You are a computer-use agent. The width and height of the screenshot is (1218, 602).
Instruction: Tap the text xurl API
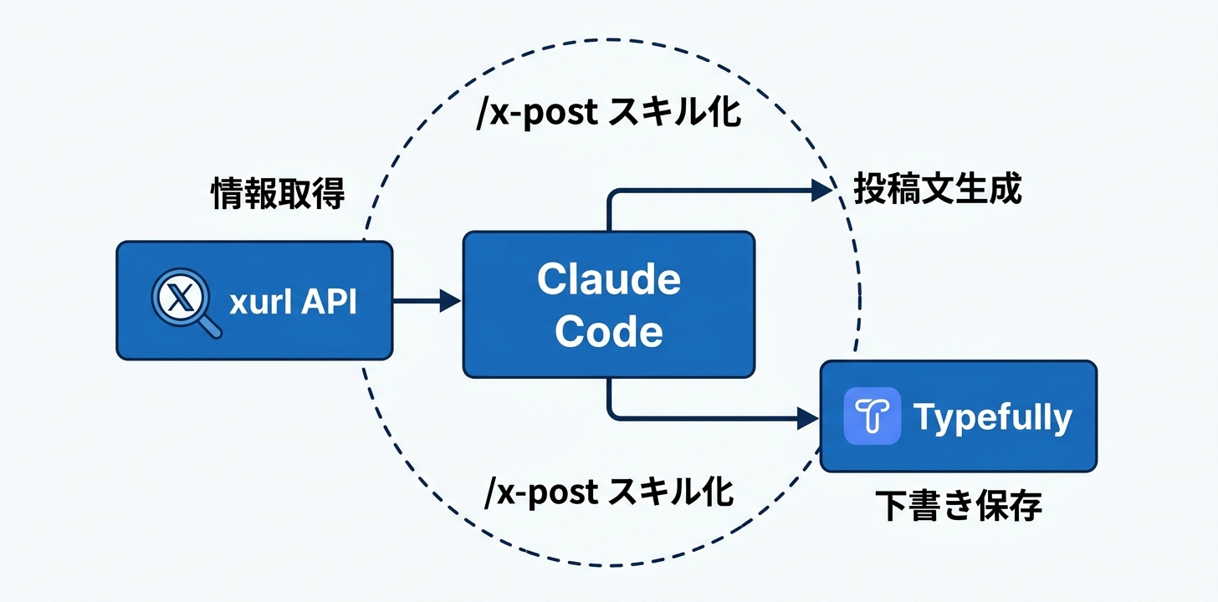293,302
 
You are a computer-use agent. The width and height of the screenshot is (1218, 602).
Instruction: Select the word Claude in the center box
608,279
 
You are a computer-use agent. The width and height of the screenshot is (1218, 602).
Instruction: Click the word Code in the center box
608,331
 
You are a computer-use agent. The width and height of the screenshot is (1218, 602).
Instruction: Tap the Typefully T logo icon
873,416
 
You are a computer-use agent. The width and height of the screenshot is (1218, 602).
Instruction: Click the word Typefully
992,416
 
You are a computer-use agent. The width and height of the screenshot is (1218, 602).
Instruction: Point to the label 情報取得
277,195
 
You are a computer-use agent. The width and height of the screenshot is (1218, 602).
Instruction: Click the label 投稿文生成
937,190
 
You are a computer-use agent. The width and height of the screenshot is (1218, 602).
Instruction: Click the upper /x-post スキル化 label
608,114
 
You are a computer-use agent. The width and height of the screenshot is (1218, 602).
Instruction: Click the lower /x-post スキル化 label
609,492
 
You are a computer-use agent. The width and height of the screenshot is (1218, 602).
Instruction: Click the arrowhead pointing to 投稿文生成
822,191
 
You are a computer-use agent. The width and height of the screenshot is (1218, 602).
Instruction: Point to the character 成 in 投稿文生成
1005,190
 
